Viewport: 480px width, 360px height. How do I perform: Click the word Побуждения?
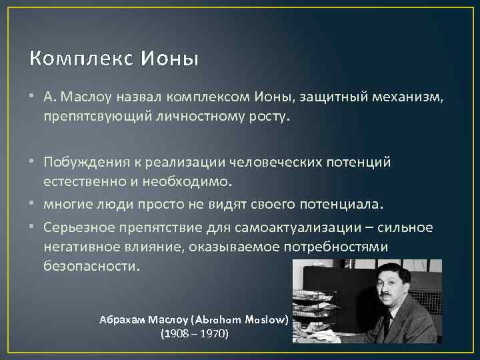click(x=82, y=162)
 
